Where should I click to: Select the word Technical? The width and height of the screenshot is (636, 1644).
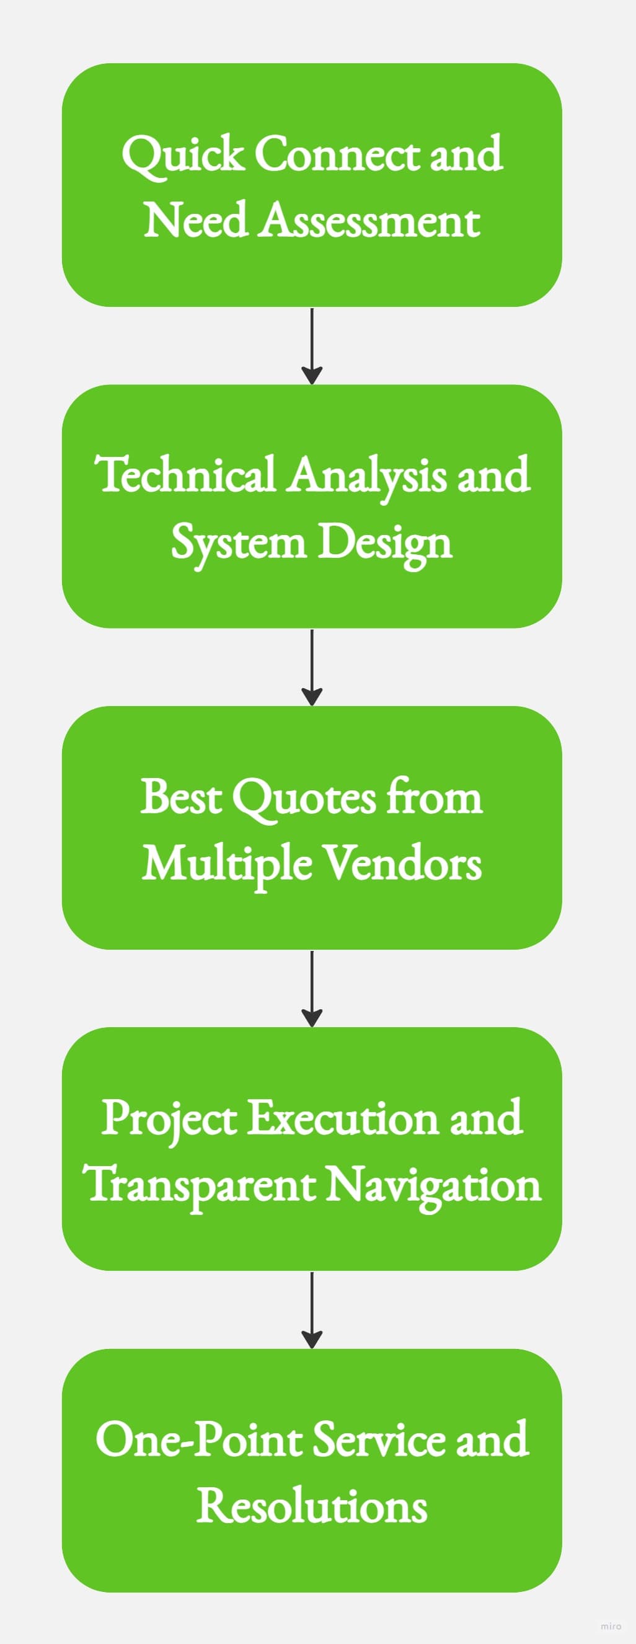[185, 475]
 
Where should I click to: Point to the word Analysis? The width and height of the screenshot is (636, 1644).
[366, 475]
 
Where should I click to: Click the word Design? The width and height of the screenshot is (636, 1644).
[385, 543]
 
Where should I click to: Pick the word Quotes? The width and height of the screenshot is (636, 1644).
[304, 797]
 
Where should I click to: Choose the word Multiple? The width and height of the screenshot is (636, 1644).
[226, 864]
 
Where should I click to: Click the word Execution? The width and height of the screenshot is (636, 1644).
[343, 1118]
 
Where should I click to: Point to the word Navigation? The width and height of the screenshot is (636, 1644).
[434, 1185]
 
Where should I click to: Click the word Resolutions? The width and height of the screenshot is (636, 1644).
[311, 1506]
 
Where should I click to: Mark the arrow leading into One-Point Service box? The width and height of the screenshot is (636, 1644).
[311, 1310]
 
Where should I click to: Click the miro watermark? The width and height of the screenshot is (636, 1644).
[611, 1625]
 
